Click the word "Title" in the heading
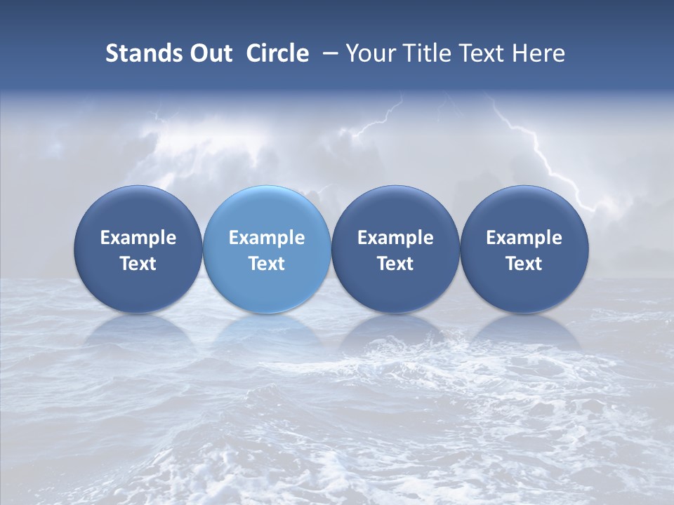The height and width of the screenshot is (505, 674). [427, 53]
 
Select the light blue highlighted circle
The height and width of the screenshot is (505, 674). [267, 210]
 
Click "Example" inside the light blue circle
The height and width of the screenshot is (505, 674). [267, 238]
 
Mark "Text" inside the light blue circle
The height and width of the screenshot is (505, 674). [267, 264]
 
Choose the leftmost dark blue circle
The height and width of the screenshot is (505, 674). [138, 210]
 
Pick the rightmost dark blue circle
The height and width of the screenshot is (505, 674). [524, 210]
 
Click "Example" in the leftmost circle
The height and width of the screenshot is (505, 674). [138, 238]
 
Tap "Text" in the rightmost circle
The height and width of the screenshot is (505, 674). [524, 264]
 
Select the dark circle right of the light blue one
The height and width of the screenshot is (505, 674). [395, 210]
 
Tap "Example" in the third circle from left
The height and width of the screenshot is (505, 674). [395, 238]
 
